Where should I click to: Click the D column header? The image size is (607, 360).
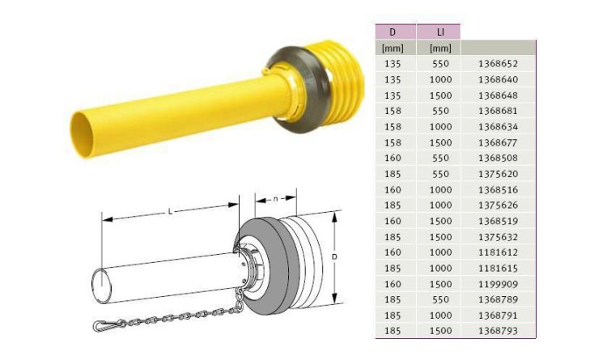[393, 32]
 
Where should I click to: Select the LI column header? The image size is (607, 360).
[440, 32]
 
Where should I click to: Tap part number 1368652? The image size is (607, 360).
[498, 64]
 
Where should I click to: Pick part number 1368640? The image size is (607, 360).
[498, 80]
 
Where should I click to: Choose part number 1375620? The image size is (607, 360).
[498, 174]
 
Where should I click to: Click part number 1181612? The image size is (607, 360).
[498, 252]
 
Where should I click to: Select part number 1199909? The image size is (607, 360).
[498, 284]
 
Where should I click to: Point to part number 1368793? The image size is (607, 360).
[498, 332]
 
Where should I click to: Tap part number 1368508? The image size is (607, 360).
[498, 159]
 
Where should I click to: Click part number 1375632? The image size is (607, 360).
[498, 237]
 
